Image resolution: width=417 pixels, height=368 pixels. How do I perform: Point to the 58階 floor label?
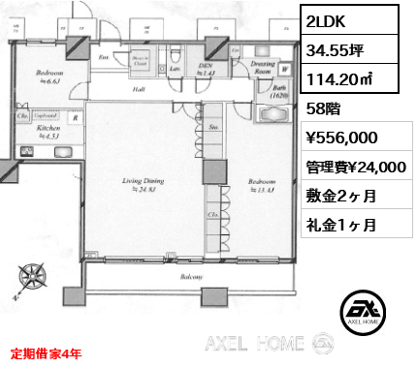(x=325, y=109)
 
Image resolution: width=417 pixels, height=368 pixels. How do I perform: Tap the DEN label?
(x=205, y=65)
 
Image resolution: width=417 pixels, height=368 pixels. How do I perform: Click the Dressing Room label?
(x=259, y=67)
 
